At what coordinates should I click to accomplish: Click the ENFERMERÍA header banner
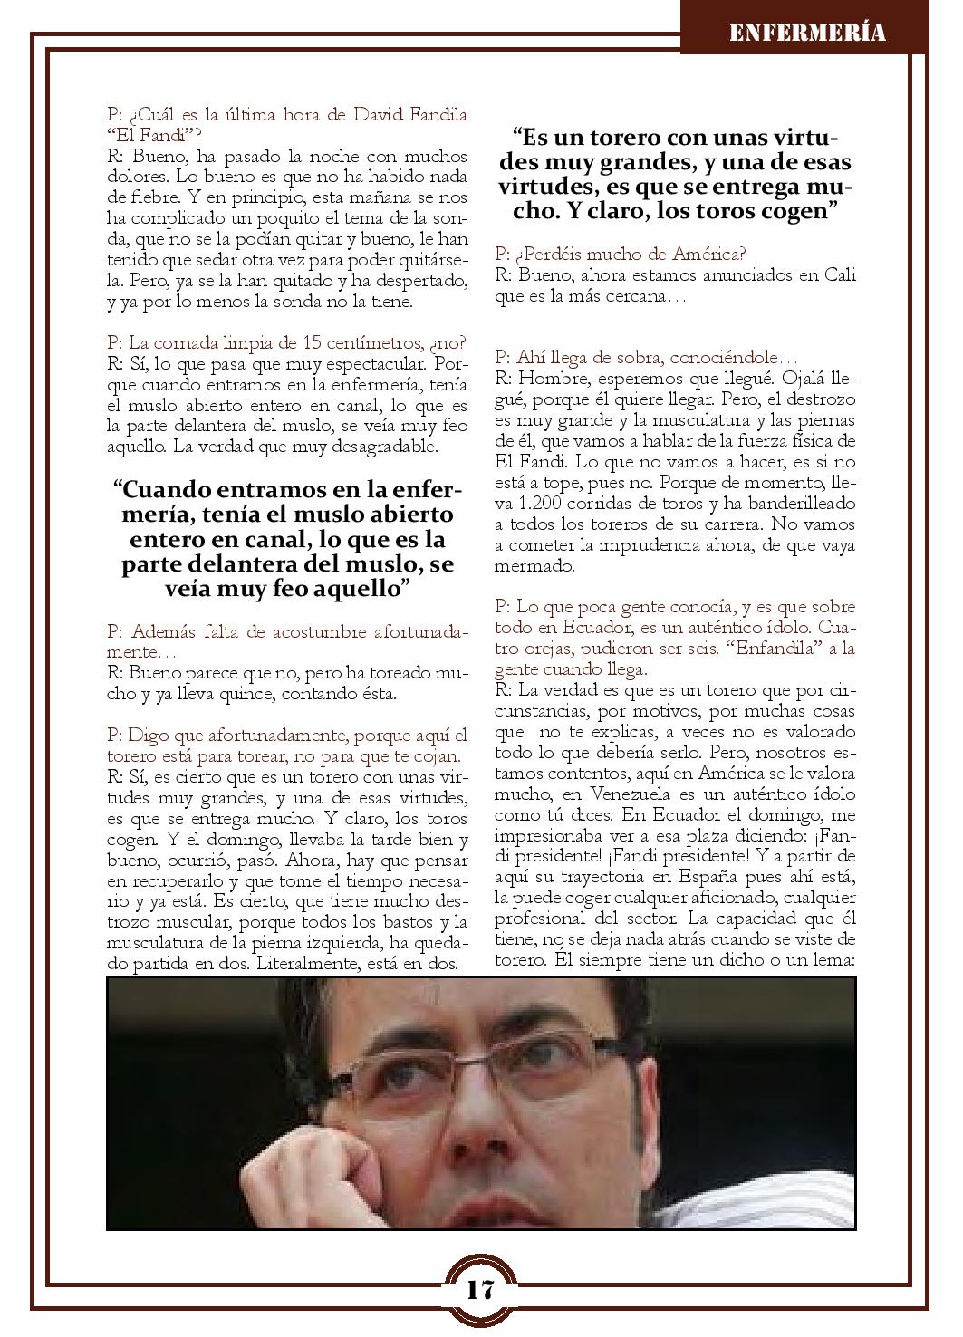point(806,34)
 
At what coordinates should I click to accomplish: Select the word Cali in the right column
point(840,275)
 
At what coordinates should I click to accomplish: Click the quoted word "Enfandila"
point(768,649)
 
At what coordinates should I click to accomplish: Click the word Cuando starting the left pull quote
point(168,490)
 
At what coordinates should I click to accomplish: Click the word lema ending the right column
point(834,962)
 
